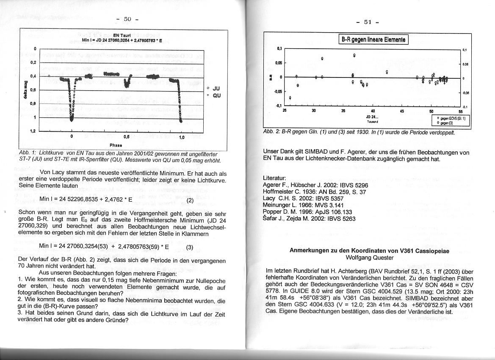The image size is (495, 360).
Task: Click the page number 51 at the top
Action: pyautogui.click(x=367, y=22)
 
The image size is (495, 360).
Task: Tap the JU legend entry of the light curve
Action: pyautogui.click(x=215, y=89)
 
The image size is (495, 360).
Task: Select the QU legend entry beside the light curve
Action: pyautogui.click(x=215, y=95)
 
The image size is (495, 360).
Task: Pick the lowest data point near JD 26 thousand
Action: pyautogui.click(x=290, y=98)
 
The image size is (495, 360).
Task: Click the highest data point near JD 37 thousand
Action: pyautogui.click(x=354, y=55)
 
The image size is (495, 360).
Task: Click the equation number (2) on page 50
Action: pyautogui.click(x=190, y=200)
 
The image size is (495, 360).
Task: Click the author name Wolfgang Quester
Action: pyautogui.click(x=370, y=258)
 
